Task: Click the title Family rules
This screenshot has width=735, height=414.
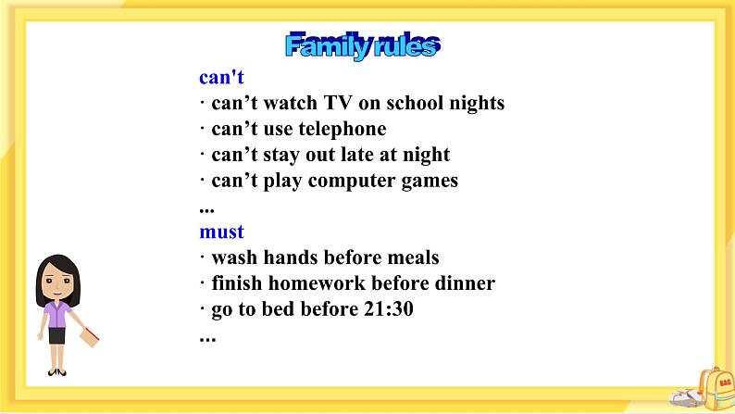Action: tap(362, 45)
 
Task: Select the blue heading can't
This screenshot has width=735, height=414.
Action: tap(221, 78)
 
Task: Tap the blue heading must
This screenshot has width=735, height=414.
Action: tap(222, 232)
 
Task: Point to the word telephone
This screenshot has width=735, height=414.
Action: tap(343, 130)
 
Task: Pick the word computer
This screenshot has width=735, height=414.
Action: tap(352, 182)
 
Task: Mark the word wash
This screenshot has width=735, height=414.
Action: tap(234, 257)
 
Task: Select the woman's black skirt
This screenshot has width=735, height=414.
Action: tap(56, 335)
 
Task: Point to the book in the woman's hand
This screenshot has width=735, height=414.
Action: tap(90, 337)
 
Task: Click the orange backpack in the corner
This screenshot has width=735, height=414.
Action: tap(716, 388)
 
